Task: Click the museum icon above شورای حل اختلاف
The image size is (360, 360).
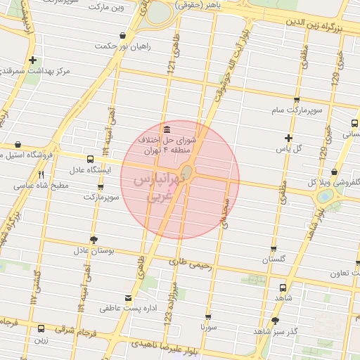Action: [166, 130]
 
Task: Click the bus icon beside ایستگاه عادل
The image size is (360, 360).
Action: [90, 159]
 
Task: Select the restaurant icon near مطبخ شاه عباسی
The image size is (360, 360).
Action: [41, 174]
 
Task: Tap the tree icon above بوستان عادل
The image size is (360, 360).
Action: [94, 239]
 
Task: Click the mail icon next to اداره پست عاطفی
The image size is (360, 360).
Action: [127, 297]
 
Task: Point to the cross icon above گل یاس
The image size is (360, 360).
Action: [288, 138]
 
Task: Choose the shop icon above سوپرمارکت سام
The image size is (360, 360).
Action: [297, 100]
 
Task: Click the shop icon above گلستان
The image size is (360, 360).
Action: [274, 249]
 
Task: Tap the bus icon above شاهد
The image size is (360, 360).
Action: [282, 288]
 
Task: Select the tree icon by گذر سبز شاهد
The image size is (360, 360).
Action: [275, 321]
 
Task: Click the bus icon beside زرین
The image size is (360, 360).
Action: [41, 328]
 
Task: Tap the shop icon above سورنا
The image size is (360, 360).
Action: [208, 317]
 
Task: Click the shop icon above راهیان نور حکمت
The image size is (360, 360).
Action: [123, 35]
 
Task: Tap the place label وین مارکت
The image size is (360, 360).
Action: [106, 8]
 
